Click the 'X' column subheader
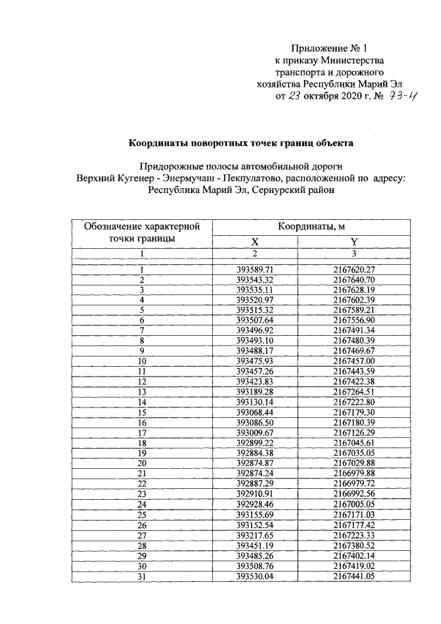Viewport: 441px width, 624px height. [x=254, y=241]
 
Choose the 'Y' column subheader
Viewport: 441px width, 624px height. [x=354, y=241]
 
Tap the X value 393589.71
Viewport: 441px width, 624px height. [x=255, y=270]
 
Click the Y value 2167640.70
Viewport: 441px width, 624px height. [x=353, y=280]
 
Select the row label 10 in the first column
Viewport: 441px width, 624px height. [x=142, y=361]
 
